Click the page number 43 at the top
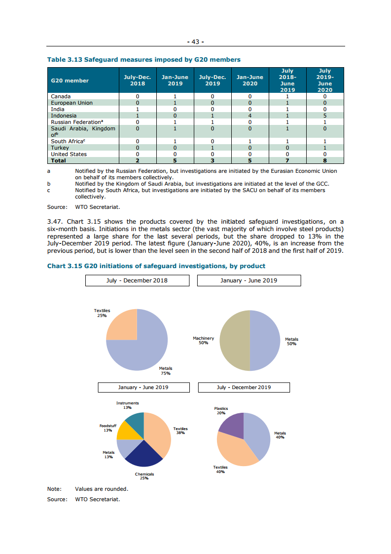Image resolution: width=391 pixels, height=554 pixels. pyautogui.click(x=195, y=42)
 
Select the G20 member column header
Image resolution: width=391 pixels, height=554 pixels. pyautogui.click(x=70, y=80)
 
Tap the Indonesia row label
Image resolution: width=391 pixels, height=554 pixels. pyautogui.click(x=64, y=116)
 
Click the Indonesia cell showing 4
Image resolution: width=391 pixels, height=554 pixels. pyautogui.click(x=250, y=116)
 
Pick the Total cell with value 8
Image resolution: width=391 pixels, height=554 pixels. pyautogui.click(x=325, y=160)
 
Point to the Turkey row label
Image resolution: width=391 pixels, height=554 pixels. pyautogui.click(x=60, y=148)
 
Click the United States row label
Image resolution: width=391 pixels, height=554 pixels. pyautogui.click(x=69, y=154)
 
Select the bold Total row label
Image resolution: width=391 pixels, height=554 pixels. pyautogui.click(x=58, y=160)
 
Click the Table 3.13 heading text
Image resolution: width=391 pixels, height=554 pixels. pyautogui.click(x=143, y=60)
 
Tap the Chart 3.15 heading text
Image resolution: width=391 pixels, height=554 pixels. pyautogui.click(x=156, y=266)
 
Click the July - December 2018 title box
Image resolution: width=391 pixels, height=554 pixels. pyautogui.click(x=137, y=280)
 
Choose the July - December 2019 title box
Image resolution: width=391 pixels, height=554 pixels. pyautogui.click(x=244, y=387)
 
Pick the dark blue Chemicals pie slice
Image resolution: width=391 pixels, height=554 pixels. pyautogui.click(x=142, y=455)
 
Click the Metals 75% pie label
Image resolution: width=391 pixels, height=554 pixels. pyautogui.click(x=166, y=371)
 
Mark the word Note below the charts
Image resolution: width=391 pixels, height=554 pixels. pyautogui.click(x=54, y=489)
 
